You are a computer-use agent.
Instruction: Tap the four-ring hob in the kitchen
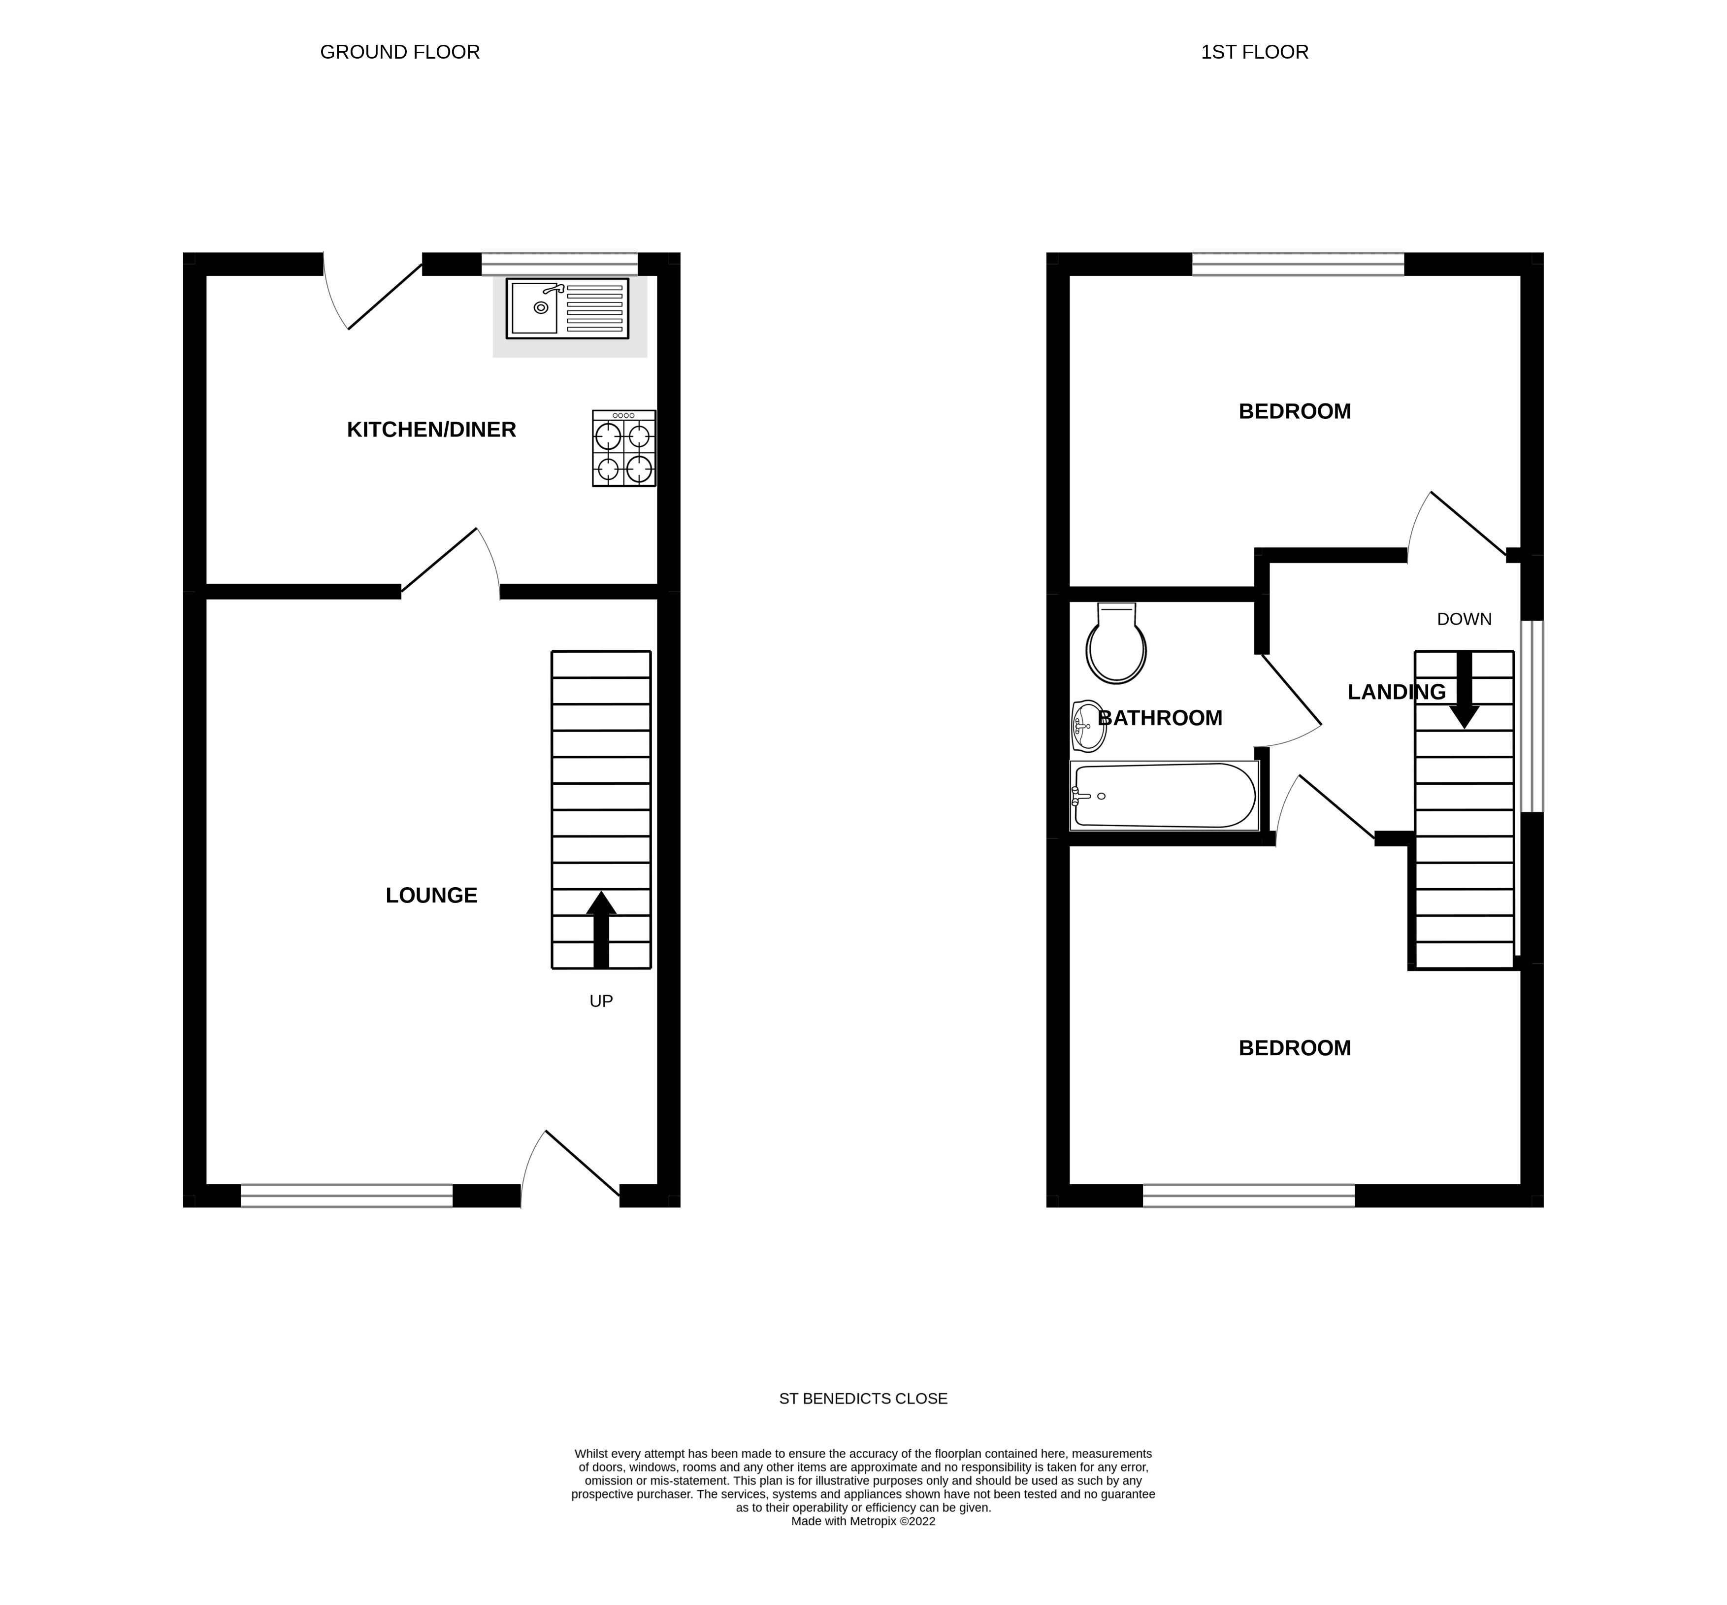pyautogui.click(x=623, y=448)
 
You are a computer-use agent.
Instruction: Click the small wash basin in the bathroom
pyautogui.click(x=1088, y=725)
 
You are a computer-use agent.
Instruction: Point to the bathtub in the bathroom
pyautogui.click(x=1164, y=795)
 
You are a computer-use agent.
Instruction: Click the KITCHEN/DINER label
pyautogui.click(x=431, y=429)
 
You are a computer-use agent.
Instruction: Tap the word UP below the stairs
pyautogui.click(x=601, y=1001)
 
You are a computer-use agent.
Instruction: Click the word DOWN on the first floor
pyautogui.click(x=1464, y=618)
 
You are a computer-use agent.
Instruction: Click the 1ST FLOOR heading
pyautogui.click(x=1254, y=52)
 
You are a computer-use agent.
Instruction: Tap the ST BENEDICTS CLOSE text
pyautogui.click(x=863, y=1398)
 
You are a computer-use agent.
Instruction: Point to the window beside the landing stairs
pyautogui.click(x=1531, y=716)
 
